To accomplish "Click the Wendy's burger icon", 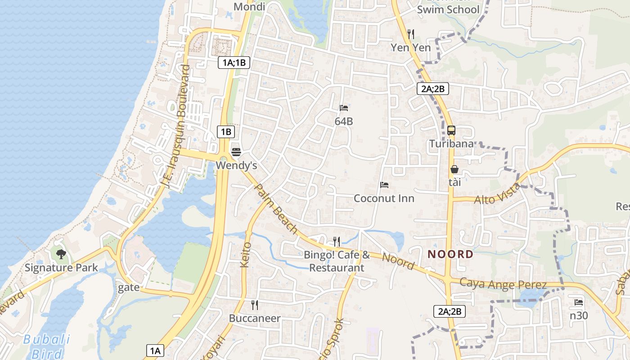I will (x=236, y=151).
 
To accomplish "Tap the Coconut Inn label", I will (x=384, y=198).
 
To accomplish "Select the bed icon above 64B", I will (x=344, y=108).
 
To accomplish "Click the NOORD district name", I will (x=450, y=254).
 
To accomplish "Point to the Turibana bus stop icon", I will (x=451, y=130).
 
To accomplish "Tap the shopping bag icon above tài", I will (x=454, y=169).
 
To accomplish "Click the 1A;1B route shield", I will (x=234, y=63).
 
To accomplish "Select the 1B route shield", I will (x=226, y=132).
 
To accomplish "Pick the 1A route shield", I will (x=155, y=351).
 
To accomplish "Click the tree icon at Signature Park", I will (x=61, y=254).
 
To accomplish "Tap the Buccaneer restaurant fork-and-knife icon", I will (x=255, y=305).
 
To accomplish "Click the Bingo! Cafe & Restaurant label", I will (x=337, y=261).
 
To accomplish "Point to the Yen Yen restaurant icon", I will (x=410, y=34).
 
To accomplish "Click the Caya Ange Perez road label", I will (x=503, y=284).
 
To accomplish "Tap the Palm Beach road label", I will (x=276, y=208).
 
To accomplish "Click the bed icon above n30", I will (x=579, y=302).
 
